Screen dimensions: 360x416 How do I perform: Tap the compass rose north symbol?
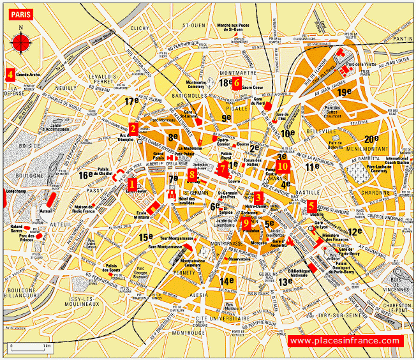point(21,41)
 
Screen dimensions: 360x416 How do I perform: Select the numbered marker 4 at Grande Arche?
point(10,73)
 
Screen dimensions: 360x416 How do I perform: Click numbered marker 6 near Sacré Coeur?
point(236,82)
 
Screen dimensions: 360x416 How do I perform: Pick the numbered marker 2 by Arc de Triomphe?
point(133,128)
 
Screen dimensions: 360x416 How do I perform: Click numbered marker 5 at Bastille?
point(311,206)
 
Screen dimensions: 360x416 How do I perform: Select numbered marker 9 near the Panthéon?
point(246,223)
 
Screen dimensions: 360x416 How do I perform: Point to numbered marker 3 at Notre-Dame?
point(258,197)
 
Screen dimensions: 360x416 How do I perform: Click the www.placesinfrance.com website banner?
point(345,341)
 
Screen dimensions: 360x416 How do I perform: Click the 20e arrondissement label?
point(372,139)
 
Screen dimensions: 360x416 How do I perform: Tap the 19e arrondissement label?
point(345,93)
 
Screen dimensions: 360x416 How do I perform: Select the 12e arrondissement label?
point(354,231)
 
